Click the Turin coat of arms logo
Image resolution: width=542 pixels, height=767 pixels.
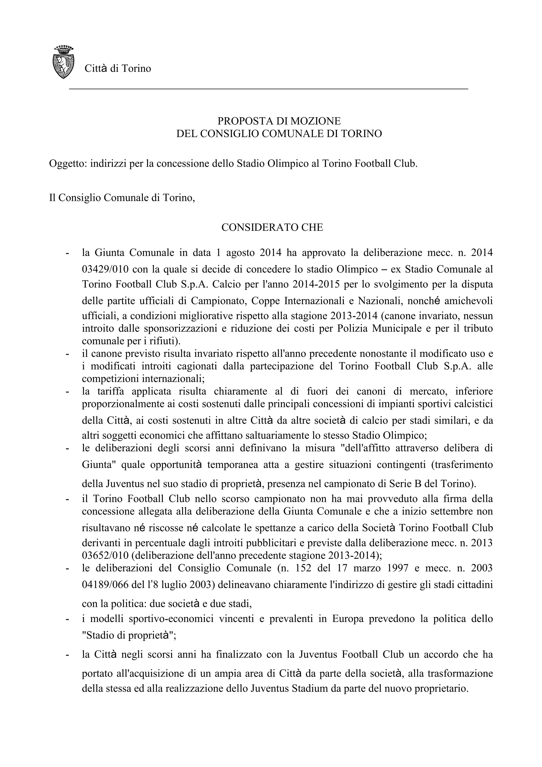point(64,62)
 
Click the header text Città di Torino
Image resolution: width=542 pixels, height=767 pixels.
point(118,69)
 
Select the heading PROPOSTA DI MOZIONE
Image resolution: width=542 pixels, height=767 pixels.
point(279,121)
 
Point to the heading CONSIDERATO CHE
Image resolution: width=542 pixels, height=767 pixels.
point(272,228)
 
